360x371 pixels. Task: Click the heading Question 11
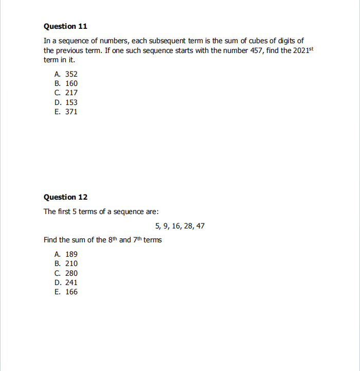click(x=66, y=26)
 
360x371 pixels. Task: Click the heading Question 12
click(x=66, y=197)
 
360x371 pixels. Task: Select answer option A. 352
click(x=66, y=74)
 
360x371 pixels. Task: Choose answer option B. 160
click(x=66, y=83)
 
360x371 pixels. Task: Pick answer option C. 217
click(x=66, y=93)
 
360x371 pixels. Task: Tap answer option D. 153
click(x=66, y=102)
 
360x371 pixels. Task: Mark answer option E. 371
click(x=66, y=112)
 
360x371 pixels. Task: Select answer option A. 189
click(x=66, y=254)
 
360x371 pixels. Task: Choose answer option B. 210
click(x=66, y=263)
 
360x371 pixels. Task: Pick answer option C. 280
click(x=66, y=273)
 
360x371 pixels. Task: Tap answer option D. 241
click(x=66, y=282)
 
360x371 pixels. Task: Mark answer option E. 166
click(x=66, y=292)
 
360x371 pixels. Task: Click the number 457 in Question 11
click(x=256, y=50)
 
